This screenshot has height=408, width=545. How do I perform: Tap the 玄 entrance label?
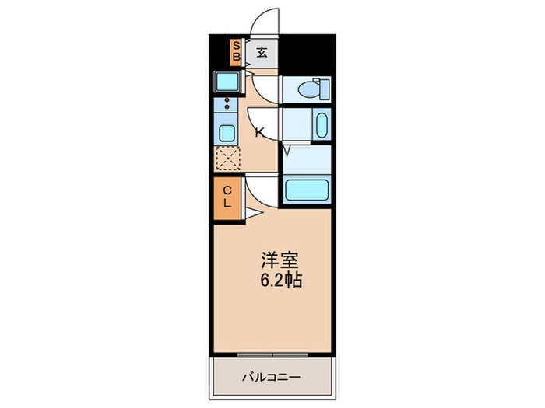[262, 53]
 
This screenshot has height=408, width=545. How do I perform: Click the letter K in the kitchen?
[258, 132]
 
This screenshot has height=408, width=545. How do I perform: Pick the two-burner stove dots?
[227, 104]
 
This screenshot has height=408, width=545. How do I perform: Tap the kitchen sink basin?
[227, 132]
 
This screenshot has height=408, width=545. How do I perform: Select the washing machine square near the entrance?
[227, 82]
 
